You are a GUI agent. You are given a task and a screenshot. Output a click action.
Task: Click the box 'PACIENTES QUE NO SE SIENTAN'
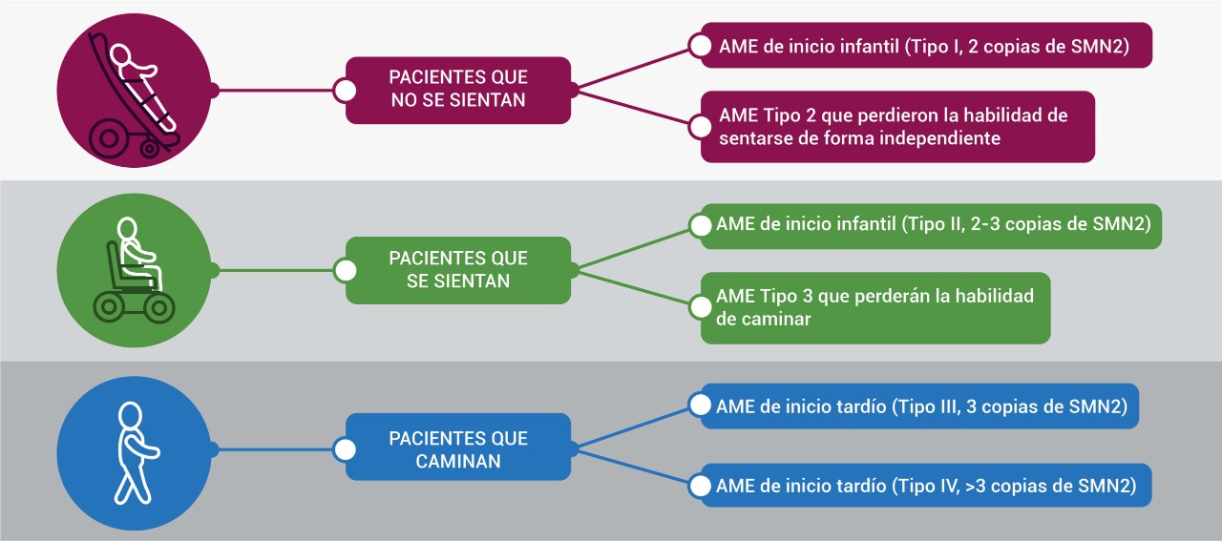(x=458, y=90)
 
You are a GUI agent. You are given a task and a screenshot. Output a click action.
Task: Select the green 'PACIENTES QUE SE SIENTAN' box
(x=458, y=270)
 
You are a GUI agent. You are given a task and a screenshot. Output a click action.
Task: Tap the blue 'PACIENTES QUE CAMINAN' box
(x=458, y=447)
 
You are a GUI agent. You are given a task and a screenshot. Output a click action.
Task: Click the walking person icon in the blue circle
(x=137, y=452)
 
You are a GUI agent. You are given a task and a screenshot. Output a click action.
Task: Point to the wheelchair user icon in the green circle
(x=134, y=270)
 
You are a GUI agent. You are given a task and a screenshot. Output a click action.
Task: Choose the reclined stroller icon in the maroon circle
(x=134, y=94)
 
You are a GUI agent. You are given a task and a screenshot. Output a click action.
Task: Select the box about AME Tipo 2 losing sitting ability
(x=897, y=127)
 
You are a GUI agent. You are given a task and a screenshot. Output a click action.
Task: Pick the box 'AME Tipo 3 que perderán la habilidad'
(x=875, y=308)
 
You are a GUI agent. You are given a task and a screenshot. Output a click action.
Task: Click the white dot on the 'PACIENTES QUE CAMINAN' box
(x=345, y=450)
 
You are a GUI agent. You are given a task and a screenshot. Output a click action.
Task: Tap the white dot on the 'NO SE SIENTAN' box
(x=345, y=91)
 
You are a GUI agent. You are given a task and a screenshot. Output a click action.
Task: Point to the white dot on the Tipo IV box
(x=700, y=486)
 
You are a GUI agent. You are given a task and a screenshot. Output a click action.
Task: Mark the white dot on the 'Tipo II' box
(x=700, y=225)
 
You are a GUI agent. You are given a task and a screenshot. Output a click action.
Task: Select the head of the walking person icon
(x=131, y=416)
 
